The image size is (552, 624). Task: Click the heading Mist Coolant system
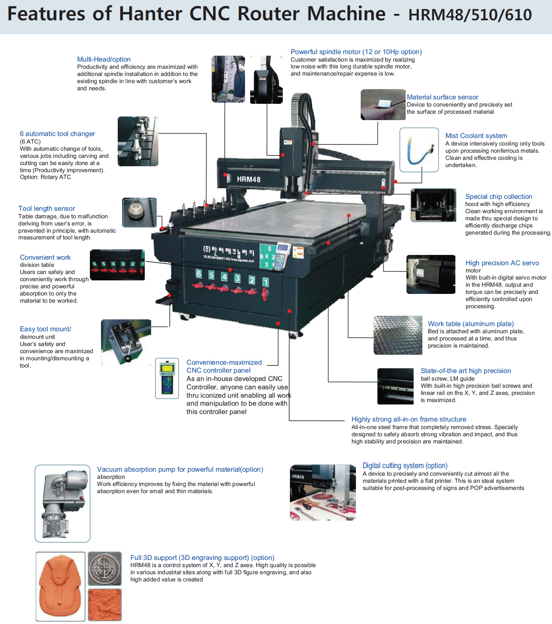pyautogui.click(x=476, y=136)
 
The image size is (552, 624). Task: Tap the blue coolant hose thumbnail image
pyautogui.click(x=419, y=150)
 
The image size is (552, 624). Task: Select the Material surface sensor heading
pyautogui.click(x=442, y=97)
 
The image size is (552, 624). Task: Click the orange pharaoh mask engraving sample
pyautogui.click(x=60, y=586)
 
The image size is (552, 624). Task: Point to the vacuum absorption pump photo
pyautogui.click(x=63, y=503)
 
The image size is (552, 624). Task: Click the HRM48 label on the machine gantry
pyautogui.click(x=249, y=179)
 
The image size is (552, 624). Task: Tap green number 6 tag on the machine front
pyautogui.click(x=199, y=274)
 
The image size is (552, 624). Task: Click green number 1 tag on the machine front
pyautogui.click(x=266, y=282)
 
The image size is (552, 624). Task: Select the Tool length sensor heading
pyautogui.click(x=47, y=208)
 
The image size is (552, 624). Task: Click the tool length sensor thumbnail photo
pyautogui.click(x=139, y=212)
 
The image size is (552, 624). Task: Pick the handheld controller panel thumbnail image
pyautogui.click(x=167, y=378)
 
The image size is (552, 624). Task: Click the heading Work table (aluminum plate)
pyautogui.click(x=470, y=324)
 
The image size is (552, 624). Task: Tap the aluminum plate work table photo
pyautogui.click(x=398, y=335)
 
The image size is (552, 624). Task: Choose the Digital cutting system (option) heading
pyautogui.click(x=405, y=465)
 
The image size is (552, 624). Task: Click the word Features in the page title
pyautogui.click(x=46, y=14)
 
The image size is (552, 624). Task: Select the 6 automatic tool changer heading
pyautogui.click(x=57, y=134)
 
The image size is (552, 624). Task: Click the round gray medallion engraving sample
pyautogui.click(x=105, y=568)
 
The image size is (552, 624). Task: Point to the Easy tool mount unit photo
pyautogui.click(x=126, y=342)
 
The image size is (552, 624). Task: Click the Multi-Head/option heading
pyautogui.click(x=104, y=59)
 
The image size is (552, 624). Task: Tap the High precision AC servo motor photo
pyautogui.click(x=431, y=274)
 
